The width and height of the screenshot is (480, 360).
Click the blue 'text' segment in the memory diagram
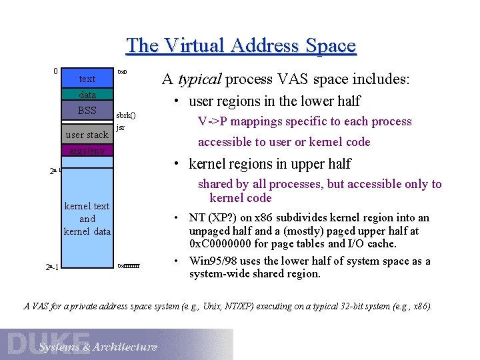[x=87, y=79]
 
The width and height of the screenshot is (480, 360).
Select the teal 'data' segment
[x=87, y=95]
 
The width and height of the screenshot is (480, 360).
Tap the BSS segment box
[x=87, y=111]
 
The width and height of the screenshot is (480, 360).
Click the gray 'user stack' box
[x=87, y=135]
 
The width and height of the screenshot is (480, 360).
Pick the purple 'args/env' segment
[x=87, y=151]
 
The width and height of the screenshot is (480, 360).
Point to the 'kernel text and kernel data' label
[x=87, y=219]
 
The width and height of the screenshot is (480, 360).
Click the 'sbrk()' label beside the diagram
[x=126, y=115]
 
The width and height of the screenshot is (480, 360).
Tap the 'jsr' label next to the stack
[x=120, y=127]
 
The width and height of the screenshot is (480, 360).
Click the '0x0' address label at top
[x=123, y=71]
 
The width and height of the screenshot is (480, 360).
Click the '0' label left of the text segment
[x=55, y=71]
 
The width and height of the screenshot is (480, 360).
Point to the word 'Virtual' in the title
[x=194, y=45]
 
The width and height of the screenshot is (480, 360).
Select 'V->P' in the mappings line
[x=213, y=121]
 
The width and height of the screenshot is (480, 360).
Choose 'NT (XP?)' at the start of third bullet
[x=212, y=217]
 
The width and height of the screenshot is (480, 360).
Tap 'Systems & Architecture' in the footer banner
[x=98, y=347]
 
